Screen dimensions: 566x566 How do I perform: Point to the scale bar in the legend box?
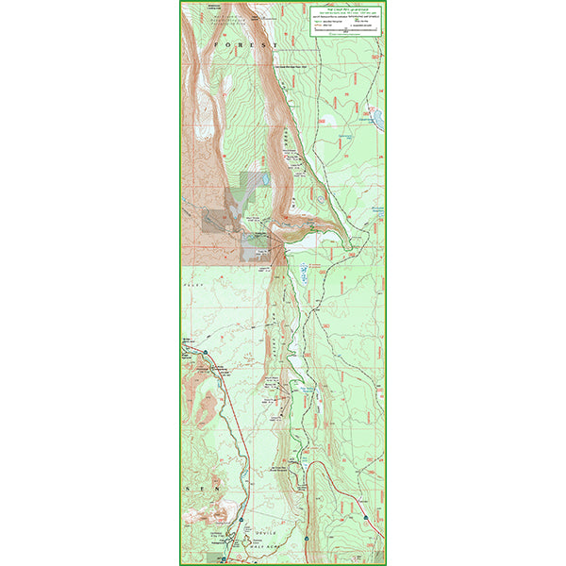click(344, 31)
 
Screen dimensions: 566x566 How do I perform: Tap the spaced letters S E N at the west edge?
click(201, 490)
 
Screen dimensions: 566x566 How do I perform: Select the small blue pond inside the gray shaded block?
click(265, 177)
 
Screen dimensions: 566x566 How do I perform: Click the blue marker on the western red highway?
click(202, 351)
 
